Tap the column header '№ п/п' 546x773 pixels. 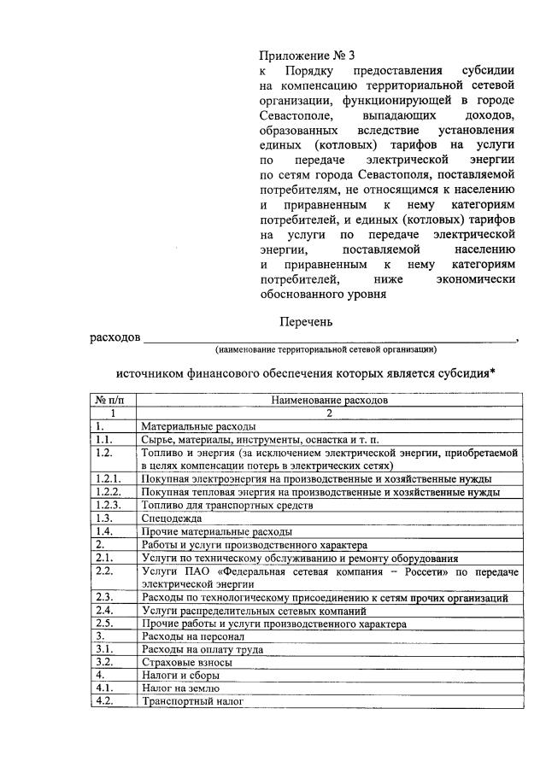pos(114,399)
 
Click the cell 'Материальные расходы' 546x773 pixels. pos(198,426)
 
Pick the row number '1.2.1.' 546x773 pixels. pos(109,479)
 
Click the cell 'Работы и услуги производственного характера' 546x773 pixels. pos(254,544)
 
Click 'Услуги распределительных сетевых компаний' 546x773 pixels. pos(254,611)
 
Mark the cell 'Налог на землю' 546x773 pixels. pos(181,688)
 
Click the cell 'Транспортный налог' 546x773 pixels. pos(192,701)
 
